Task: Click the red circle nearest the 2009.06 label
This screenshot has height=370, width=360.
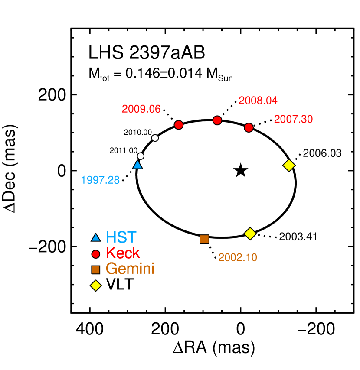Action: pos(179,125)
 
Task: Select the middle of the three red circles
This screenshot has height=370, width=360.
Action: pos(217,120)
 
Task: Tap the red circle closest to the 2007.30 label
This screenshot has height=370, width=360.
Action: pos(249,127)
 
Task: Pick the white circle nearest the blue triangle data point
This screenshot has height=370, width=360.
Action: pos(141,156)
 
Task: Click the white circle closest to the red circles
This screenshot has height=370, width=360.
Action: pos(155,138)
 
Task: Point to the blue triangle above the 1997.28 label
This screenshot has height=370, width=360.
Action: pos(137,165)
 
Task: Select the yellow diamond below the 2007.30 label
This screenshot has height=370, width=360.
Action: pos(289,165)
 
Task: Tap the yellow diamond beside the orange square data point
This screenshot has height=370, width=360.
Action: pos(250,234)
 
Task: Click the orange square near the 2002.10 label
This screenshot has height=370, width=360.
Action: pos(204,239)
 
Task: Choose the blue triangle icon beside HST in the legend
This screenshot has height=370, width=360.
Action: pos(96,238)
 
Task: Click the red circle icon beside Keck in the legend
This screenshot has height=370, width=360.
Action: pos(96,254)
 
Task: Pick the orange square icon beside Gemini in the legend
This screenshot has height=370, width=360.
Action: pos(96,270)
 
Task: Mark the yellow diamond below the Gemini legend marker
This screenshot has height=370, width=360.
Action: pos(96,286)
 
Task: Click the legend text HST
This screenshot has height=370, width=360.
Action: pos(121,237)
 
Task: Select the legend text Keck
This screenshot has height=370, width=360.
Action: pos(123,253)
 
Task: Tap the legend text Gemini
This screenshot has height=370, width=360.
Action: pos(130,269)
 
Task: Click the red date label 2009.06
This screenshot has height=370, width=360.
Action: pos(141,109)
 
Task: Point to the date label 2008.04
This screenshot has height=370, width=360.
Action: pos(258,101)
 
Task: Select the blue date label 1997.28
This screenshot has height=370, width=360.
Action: pos(100,180)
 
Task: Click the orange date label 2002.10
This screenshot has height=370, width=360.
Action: pos(238,258)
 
